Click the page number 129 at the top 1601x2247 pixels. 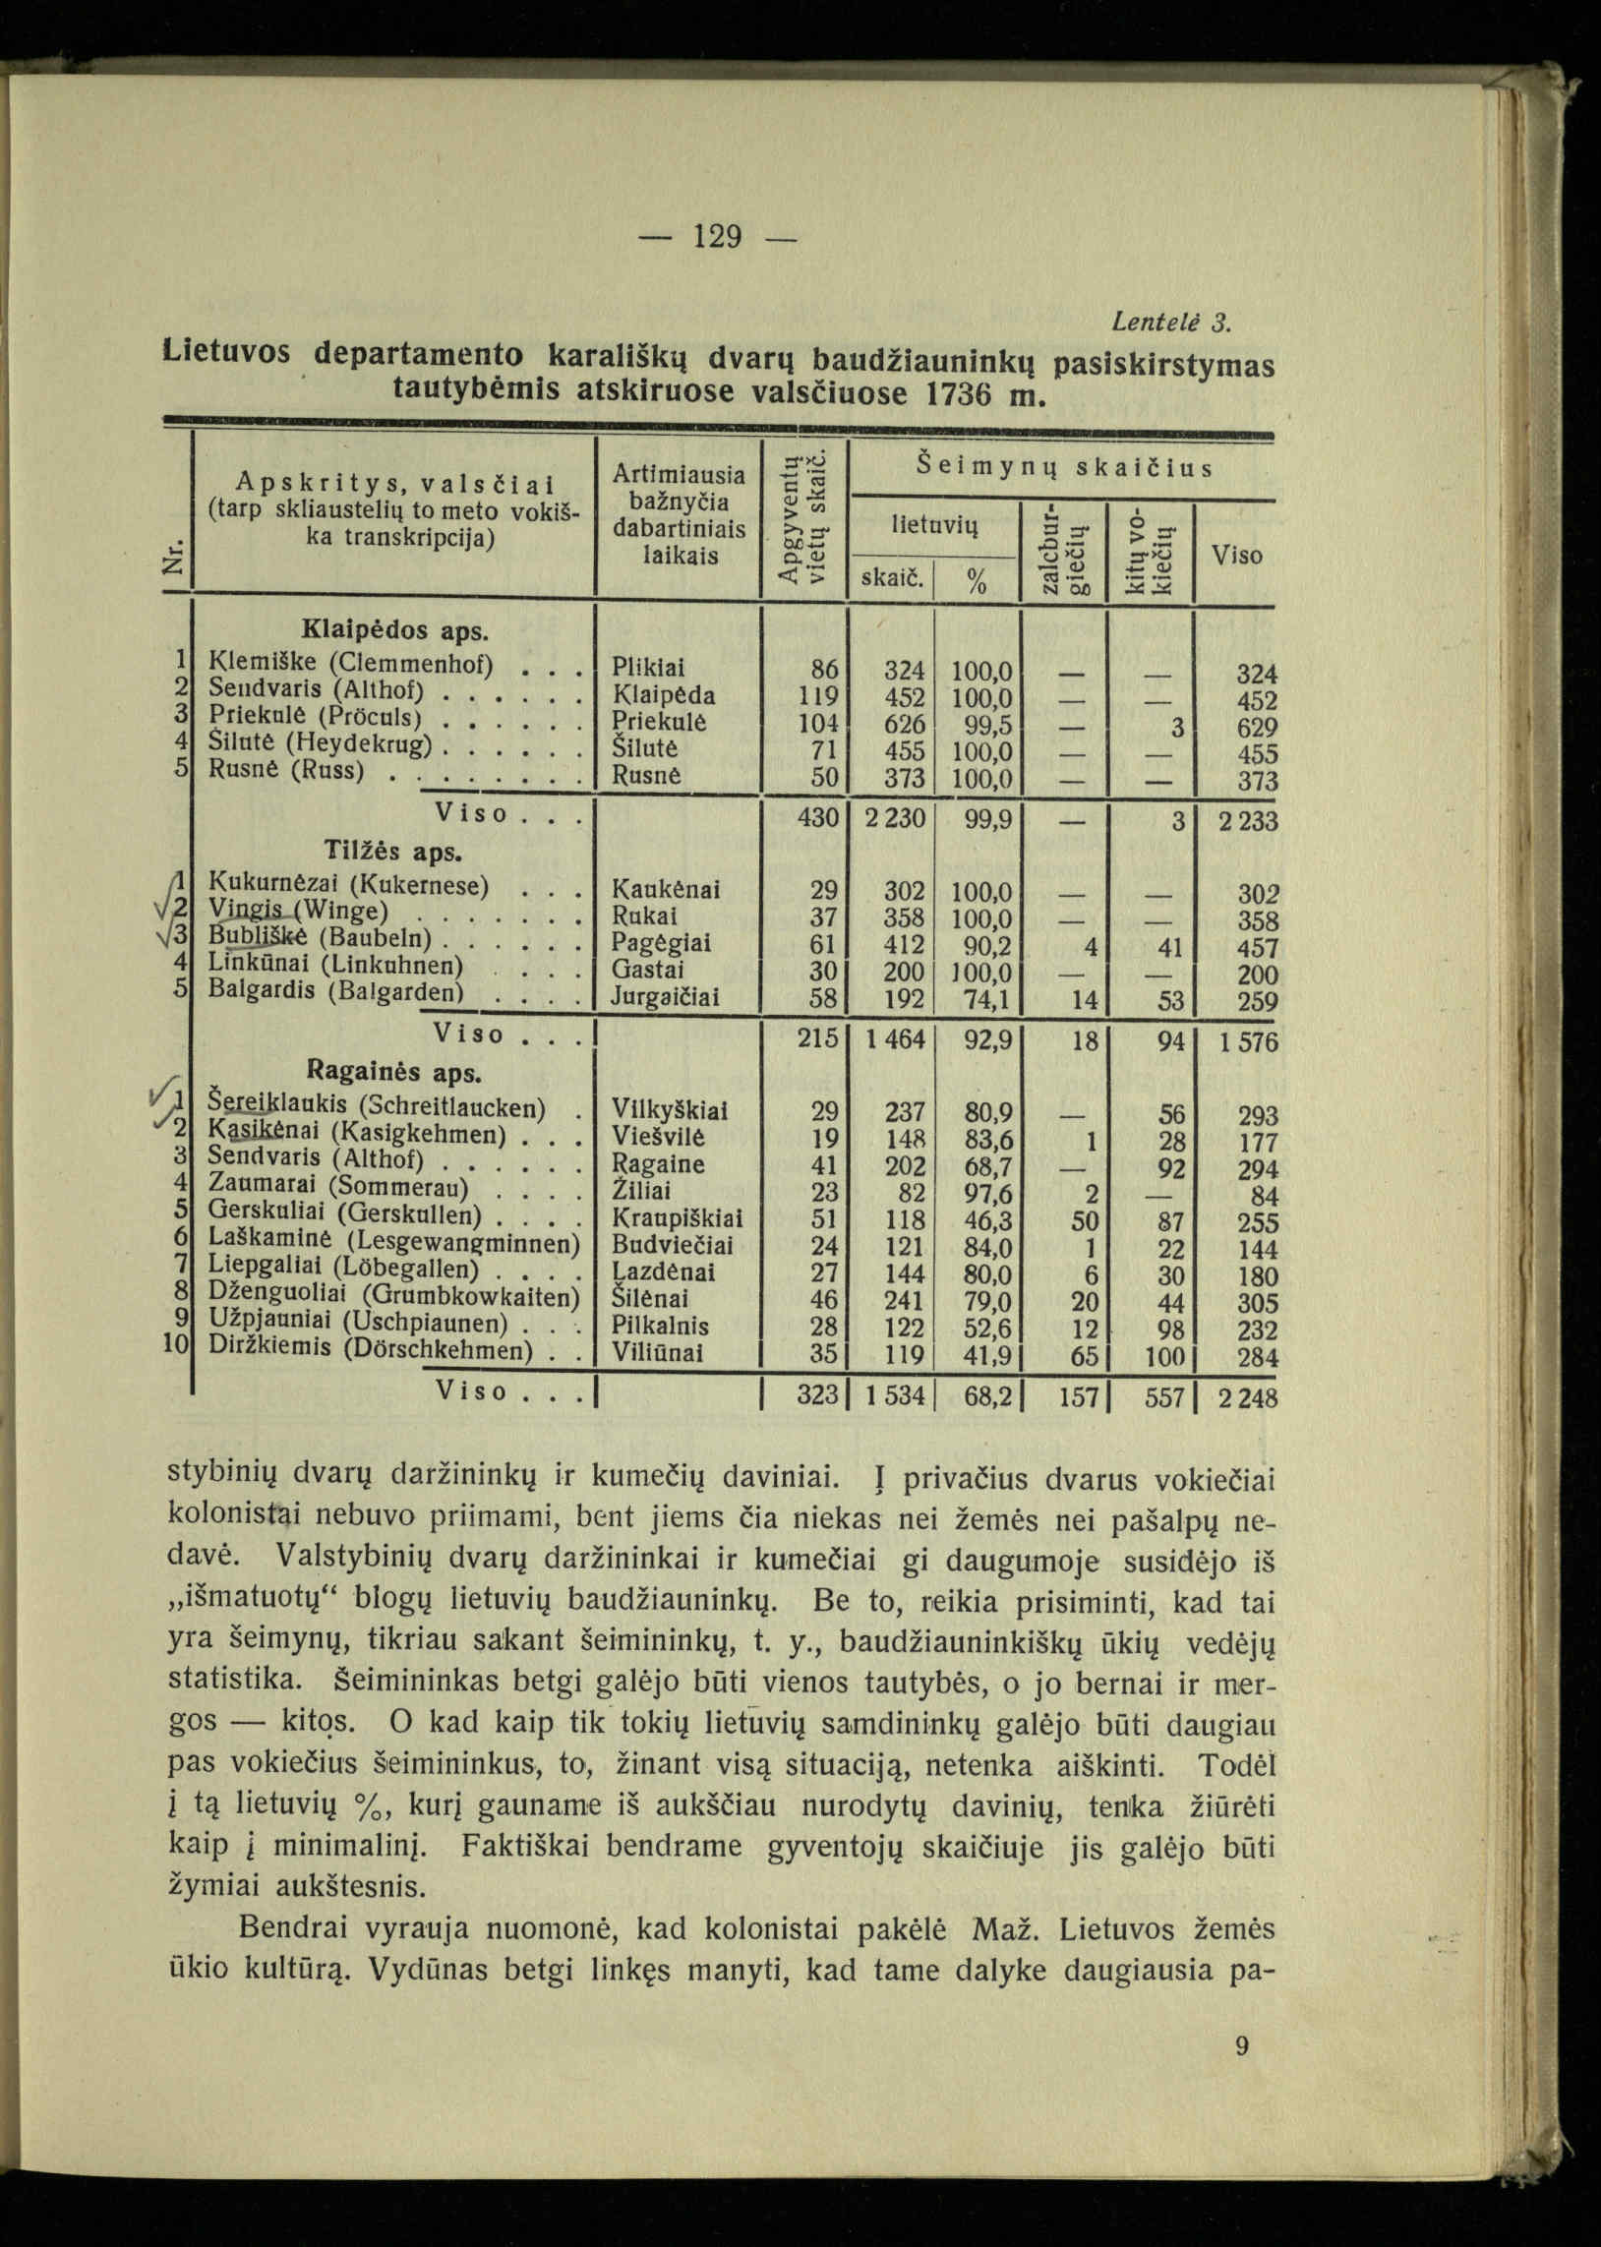click(717, 238)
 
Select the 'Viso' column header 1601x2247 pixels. click(1237, 556)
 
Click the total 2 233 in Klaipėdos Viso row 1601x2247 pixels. click(1245, 822)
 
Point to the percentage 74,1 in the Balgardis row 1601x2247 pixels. click(987, 999)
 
